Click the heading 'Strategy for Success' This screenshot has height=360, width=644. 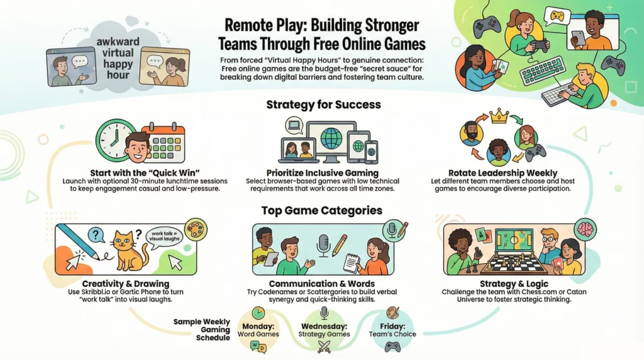pyautogui.click(x=323, y=104)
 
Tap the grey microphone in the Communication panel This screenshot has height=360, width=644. pyautogui.click(x=323, y=245)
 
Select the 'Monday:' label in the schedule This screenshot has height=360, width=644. pyautogui.click(x=258, y=326)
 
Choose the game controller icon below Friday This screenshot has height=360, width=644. pyautogui.click(x=392, y=347)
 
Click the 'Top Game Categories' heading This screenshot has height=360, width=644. pyautogui.click(x=322, y=210)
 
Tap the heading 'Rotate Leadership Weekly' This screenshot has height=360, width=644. pyautogui.click(x=502, y=173)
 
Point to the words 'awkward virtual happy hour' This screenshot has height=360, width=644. pyautogui.click(x=118, y=59)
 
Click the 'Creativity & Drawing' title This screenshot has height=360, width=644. pyautogui.click(x=126, y=284)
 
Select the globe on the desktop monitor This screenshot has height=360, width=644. pyautogui.click(x=331, y=138)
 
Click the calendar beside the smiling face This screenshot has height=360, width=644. pyautogui.click(x=166, y=143)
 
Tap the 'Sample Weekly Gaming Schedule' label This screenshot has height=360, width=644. pyautogui.click(x=202, y=330)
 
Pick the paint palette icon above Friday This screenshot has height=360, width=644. pyautogui.click(x=392, y=313)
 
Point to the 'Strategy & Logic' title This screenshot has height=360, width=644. pyautogui.click(x=514, y=284)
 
